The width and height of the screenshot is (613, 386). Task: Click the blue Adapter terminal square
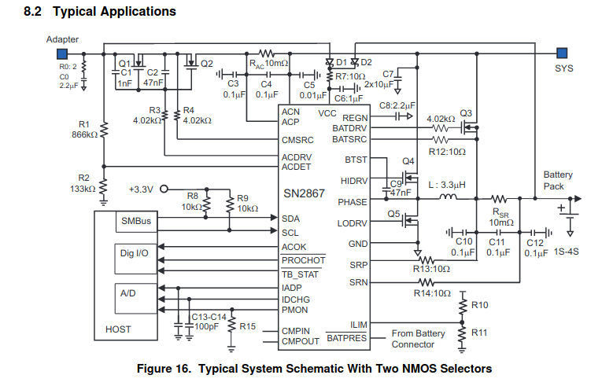click(58, 53)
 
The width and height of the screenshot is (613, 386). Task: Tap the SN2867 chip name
click(305, 194)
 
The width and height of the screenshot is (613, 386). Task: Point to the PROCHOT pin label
click(303, 260)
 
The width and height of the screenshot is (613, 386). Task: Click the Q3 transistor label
click(466, 112)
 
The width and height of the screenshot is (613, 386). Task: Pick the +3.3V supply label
click(142, 189)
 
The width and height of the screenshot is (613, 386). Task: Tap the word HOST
click(118, 329)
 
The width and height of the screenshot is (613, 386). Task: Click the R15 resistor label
click(248, 325)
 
